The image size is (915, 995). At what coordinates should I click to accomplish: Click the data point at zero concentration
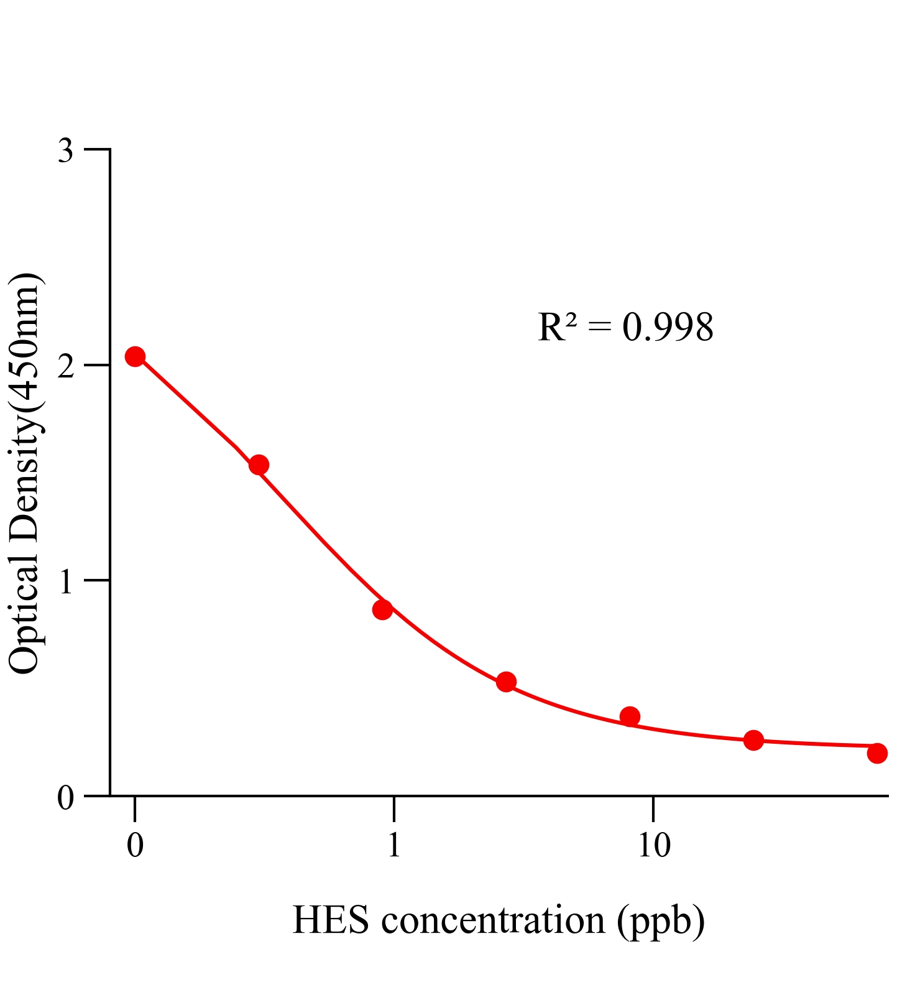tap(135, 356)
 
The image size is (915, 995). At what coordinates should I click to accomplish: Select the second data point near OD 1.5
tap(259, 465)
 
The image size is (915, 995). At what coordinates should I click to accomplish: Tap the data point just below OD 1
tap(382, 609)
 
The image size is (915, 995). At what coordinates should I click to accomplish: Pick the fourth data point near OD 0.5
tap(506, 682)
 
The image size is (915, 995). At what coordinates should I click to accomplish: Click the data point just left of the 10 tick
tap(630, 716)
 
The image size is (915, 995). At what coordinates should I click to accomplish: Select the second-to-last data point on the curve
tap(753, 740)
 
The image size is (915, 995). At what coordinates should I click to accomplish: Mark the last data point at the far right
tap(877, 753)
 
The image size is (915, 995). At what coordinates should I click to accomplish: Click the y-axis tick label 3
tap(65, 151)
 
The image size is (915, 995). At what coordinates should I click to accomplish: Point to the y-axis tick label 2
tap(65, 366)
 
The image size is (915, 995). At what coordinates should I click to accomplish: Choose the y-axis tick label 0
tap(65, 797)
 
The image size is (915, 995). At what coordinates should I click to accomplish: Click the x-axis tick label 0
tap(135, 845)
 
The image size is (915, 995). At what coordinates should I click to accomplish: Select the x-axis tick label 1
tap(393, 845)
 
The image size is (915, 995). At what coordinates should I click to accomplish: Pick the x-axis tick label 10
tap(654, 845)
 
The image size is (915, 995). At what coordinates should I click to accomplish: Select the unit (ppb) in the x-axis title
tap(661, 921)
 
